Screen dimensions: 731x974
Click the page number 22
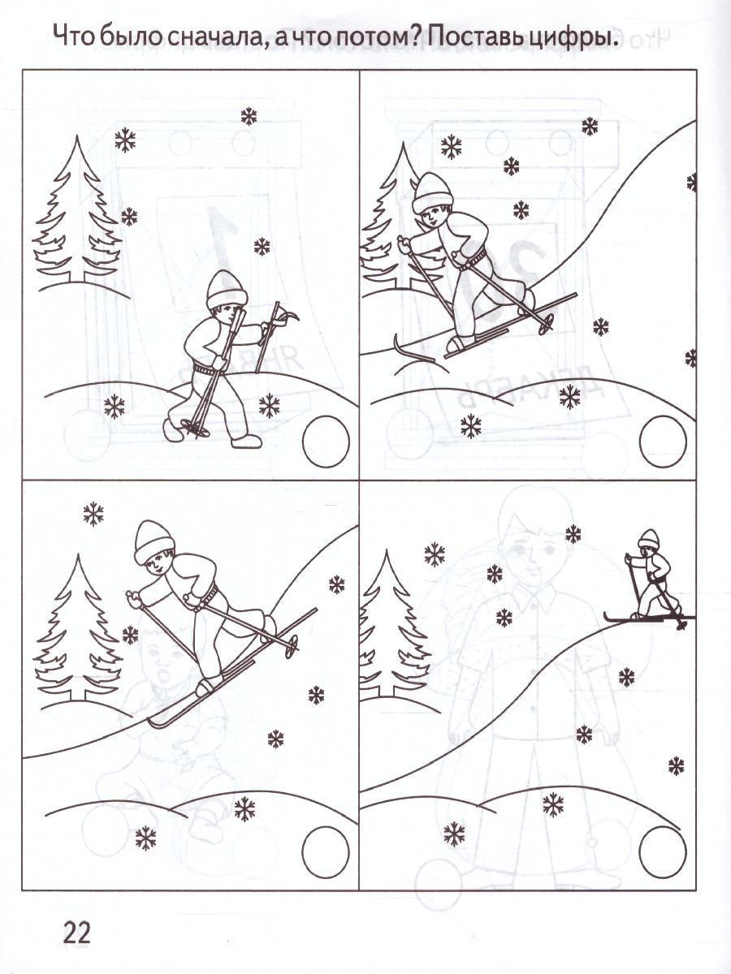point(78,932)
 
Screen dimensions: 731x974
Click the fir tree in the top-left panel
point(77,209)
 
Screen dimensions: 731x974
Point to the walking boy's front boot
point(245,441)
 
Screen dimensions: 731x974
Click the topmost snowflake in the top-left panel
point(249,117)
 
